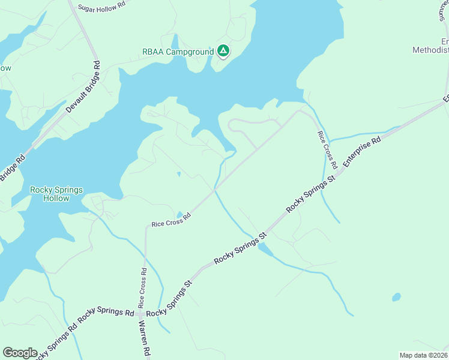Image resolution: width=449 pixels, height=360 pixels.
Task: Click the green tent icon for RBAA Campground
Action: pyautogui.click(x=223, y=51)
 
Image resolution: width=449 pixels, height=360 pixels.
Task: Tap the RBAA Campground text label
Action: pyautogui.click(x=177, y=52)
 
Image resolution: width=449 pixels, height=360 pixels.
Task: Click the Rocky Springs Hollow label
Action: pyautogui.click(x=56, y=194)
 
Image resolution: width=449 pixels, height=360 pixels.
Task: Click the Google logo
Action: pyautogui.click(x=19, y=353)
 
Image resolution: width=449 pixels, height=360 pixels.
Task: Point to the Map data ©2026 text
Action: pyautogui.click(x=424, y=355)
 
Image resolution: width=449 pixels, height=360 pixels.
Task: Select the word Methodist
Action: pyautogui.click(x=430, y=50)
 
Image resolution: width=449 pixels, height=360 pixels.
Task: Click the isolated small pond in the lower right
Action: pyautogui.click(x=396, y=297)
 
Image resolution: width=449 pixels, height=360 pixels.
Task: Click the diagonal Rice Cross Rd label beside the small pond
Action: pyautogui.click(x=171, y=220)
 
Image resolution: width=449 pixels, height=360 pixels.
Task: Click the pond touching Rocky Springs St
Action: pyautogui.click(x=264, y=249)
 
